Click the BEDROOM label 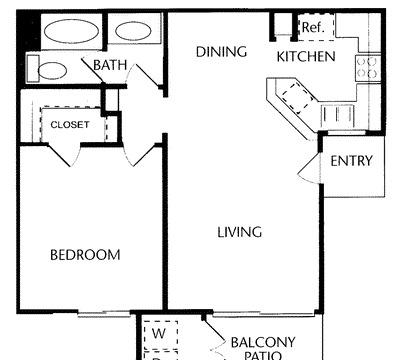pos(85,255)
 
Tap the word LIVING pos(240,232)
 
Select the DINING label pos(221,52)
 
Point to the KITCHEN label pos(306,57)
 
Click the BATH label pos(110,65)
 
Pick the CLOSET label pos(70,125)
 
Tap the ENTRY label pos(351,161)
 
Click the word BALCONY pos(263,342)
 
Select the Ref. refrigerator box pos(316,27)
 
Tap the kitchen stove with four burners pos(367,68)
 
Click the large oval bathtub pos(72,31)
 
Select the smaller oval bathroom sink pos(134,31)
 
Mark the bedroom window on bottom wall pos(104,313)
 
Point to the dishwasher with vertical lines pos(337,115)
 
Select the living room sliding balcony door pos(263,313)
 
